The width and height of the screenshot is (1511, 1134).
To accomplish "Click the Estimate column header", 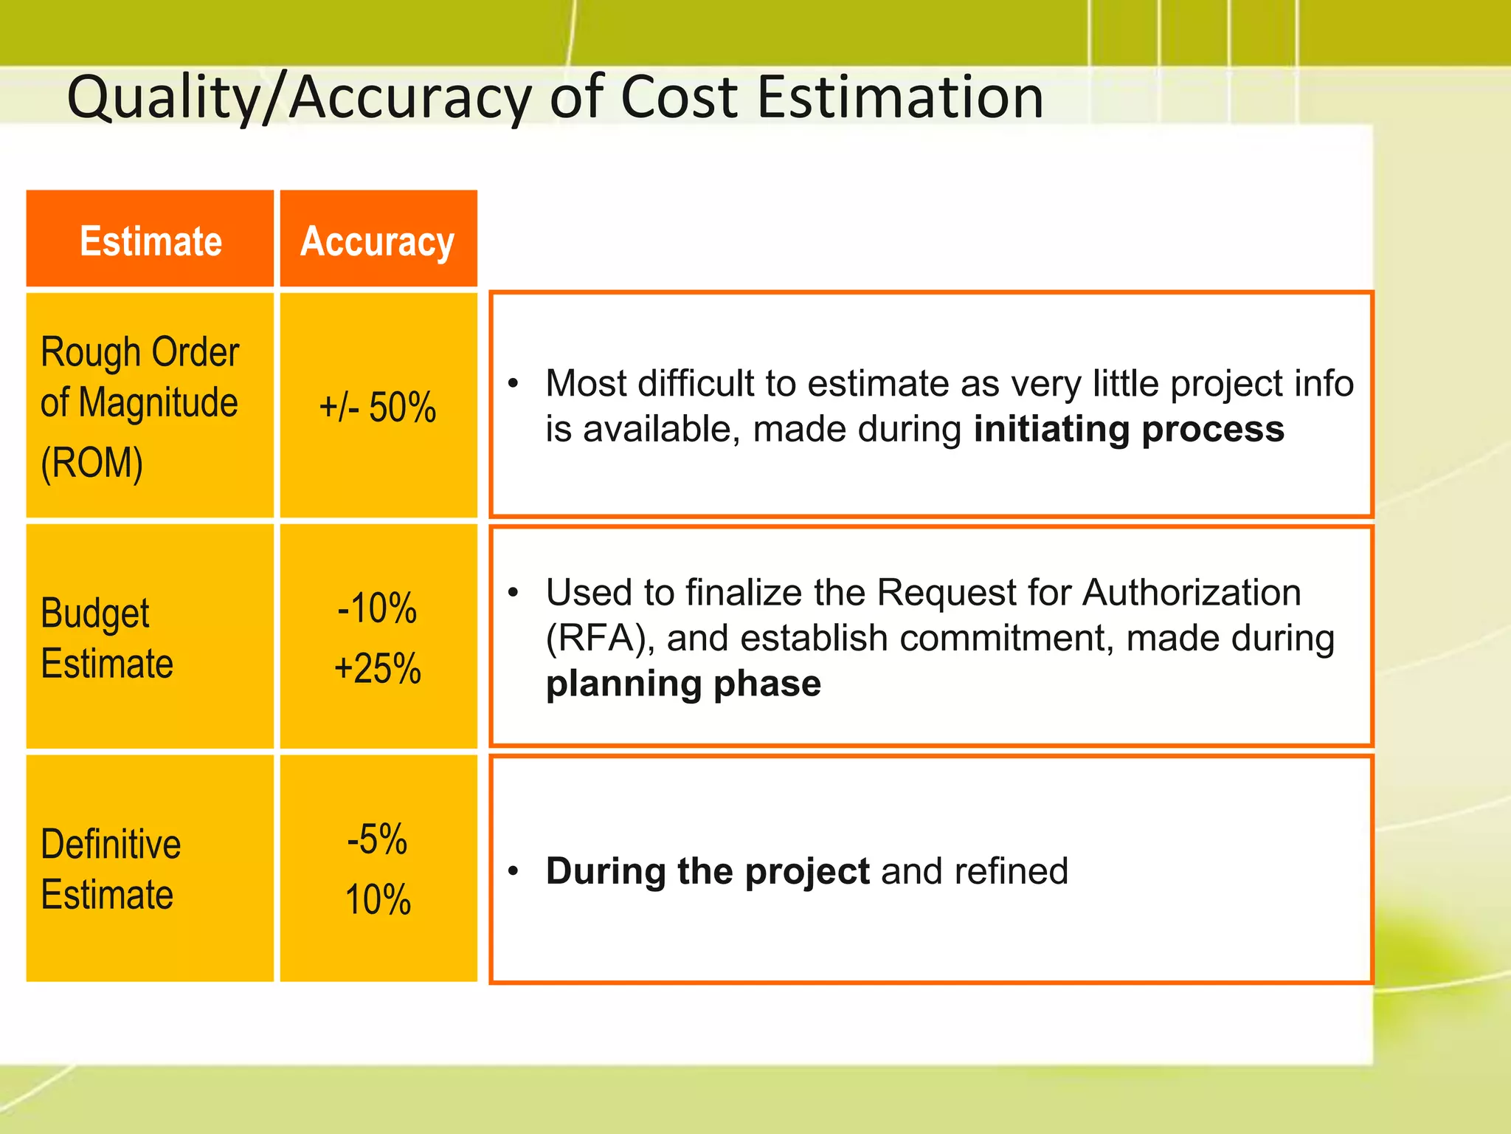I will (151, 241).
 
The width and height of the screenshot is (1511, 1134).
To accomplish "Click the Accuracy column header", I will (377, 241).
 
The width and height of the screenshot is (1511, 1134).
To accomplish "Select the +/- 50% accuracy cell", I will (377, 407).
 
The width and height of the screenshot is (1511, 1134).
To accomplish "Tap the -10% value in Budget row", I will (377, 608).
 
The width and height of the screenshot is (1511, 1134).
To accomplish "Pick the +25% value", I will (377, 669).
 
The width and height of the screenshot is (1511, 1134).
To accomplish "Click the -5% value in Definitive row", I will (377, 839).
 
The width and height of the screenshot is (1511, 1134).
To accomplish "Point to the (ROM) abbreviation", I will (91, 463).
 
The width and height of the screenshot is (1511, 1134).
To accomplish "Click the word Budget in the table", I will (94, 614).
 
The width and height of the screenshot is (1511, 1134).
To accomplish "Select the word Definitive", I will (111, 844).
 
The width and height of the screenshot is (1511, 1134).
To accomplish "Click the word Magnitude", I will (158, 403).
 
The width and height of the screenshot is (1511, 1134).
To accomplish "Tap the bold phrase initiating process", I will (1129, 429).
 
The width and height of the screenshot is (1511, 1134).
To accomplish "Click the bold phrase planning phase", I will (683, 684).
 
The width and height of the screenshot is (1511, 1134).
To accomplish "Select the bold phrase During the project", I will (708, 871).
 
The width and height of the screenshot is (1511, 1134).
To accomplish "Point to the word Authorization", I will (1191, 592).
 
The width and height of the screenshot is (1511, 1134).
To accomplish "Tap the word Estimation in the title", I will (900, 97).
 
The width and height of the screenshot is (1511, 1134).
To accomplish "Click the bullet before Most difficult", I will (514, 383).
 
